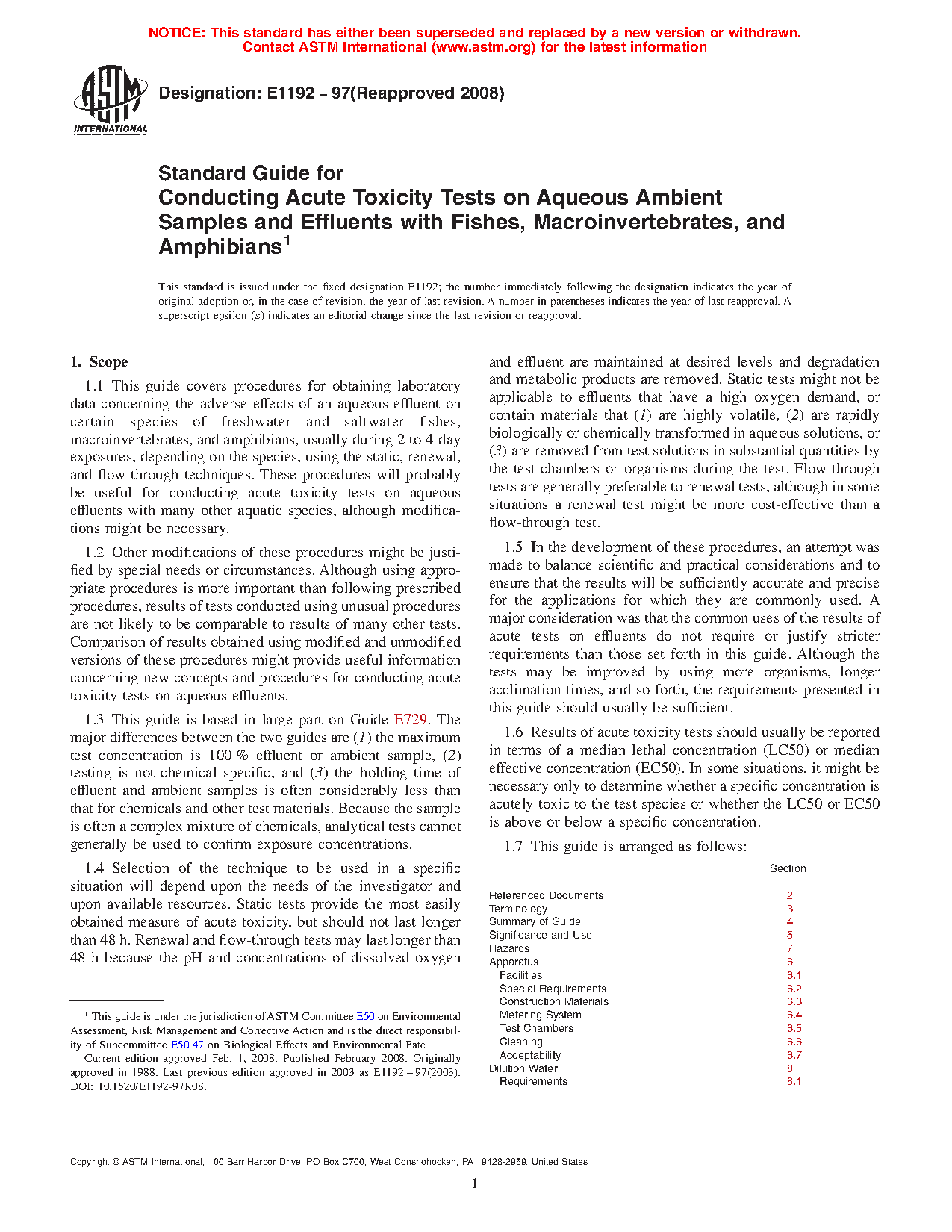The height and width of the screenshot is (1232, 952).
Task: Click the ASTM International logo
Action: [111, 99]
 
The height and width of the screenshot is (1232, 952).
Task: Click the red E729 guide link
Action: [410, 720]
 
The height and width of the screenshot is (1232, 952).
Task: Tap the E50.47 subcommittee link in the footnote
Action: [187, 1045]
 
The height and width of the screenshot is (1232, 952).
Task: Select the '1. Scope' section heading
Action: [99, 362]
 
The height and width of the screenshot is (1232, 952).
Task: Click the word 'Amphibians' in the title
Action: [220, 246]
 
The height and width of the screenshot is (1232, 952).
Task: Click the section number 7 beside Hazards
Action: [789, 948]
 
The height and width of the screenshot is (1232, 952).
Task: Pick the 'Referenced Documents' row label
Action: [546, 895]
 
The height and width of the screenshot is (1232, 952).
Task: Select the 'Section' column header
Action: [788, 868]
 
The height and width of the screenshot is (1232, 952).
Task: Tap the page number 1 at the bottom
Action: [475, 1183]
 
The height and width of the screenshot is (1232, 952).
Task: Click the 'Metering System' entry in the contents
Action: [540, 1015]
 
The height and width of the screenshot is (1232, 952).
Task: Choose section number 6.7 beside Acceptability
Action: [794, 1055]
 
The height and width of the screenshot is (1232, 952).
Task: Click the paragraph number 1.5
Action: [514, 547]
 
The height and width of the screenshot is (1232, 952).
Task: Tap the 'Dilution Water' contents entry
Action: [523, 1068]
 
